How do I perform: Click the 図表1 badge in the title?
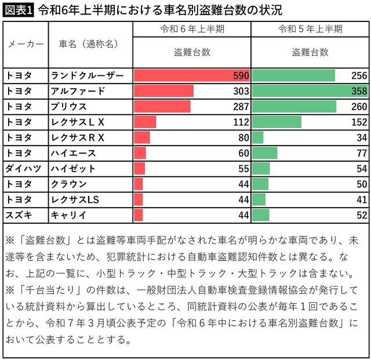coord(19,9)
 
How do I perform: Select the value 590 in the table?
coord(241,76)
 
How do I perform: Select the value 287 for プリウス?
coord(241,107)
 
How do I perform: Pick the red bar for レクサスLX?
coord(145,122)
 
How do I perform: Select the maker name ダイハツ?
coord(23,168)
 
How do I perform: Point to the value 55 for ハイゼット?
coord(243,168)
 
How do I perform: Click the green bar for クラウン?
coord(261,184)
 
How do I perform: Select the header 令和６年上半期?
coord(192,29)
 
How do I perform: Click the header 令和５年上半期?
coord(310,29)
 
